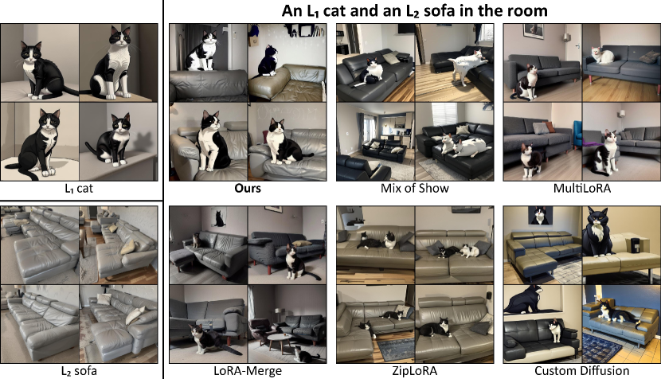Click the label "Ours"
click(248, 188)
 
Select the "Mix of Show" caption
click(414, 188)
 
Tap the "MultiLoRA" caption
click(581, 188)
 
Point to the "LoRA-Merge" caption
click(248, 371)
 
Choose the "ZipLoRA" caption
click(414, 371)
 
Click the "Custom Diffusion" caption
click(581, 371)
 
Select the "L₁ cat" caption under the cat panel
click(79, 188)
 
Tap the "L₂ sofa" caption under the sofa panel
click(79, 371)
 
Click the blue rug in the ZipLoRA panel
click(396, 350)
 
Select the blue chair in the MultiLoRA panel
click(577, 134)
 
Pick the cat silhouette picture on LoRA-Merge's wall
click(219, 217)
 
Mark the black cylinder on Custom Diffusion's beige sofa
click(635, 245)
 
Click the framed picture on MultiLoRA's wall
click(534, 30)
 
